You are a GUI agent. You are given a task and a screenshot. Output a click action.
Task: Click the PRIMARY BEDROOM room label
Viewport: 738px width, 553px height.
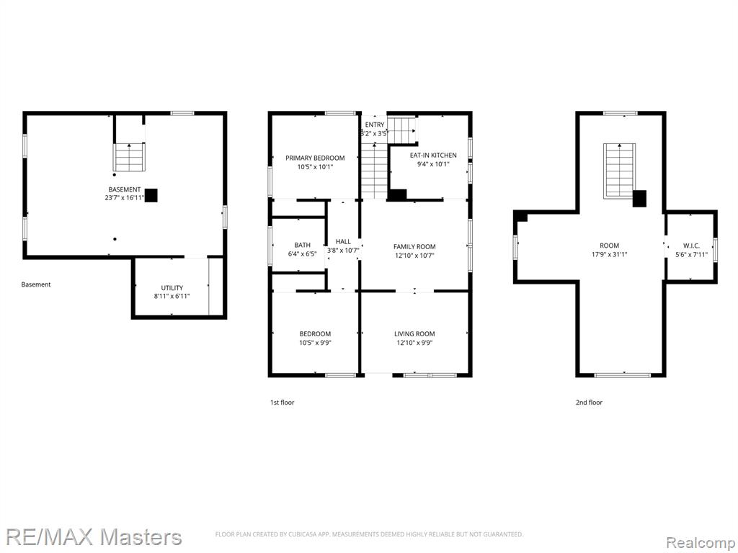click(315, 158)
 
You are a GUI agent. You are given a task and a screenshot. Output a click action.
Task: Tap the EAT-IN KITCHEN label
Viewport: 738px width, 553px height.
click(433, 156)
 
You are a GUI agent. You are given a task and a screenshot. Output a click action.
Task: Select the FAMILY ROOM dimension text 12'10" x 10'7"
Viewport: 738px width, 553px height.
click(414, 256)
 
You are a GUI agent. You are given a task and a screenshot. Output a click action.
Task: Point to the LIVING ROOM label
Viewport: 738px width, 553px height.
click(414, 334)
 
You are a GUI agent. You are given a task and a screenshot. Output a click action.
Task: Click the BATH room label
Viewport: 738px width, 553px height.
click(302, 245)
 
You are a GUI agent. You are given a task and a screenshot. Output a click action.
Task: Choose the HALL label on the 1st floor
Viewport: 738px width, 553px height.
click(343, 242)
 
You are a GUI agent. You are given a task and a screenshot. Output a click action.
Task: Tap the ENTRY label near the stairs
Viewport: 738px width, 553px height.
click(375, 125)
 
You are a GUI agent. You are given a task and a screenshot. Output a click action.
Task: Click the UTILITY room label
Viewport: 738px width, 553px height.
click(172, 288)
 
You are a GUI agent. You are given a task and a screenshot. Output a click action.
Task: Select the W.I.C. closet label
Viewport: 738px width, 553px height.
click(691, 246)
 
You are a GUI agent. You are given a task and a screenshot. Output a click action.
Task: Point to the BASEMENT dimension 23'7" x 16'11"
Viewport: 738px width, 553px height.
click(125, 198)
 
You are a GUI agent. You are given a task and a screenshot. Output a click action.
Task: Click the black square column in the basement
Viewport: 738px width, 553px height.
click(151, 195)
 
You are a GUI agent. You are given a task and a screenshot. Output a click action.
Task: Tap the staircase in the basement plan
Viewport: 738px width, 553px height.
click(129, 157)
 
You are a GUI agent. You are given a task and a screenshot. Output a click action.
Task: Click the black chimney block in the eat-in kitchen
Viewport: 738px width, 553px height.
click(397, 194)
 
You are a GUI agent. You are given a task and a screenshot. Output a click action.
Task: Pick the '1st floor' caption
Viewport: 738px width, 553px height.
click(282, 403)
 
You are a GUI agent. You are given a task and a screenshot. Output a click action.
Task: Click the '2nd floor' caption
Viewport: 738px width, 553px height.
click(589, 403)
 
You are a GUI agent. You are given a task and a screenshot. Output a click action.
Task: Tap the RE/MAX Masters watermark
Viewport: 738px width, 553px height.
click(94, 537)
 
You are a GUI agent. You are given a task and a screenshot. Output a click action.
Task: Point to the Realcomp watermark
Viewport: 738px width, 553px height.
click(701, 543)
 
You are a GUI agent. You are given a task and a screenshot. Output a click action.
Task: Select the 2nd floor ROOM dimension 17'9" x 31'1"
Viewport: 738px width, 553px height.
click(610, 254)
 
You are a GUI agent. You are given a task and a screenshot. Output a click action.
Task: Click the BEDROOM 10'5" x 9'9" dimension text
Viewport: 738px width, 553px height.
click(316, 343)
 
